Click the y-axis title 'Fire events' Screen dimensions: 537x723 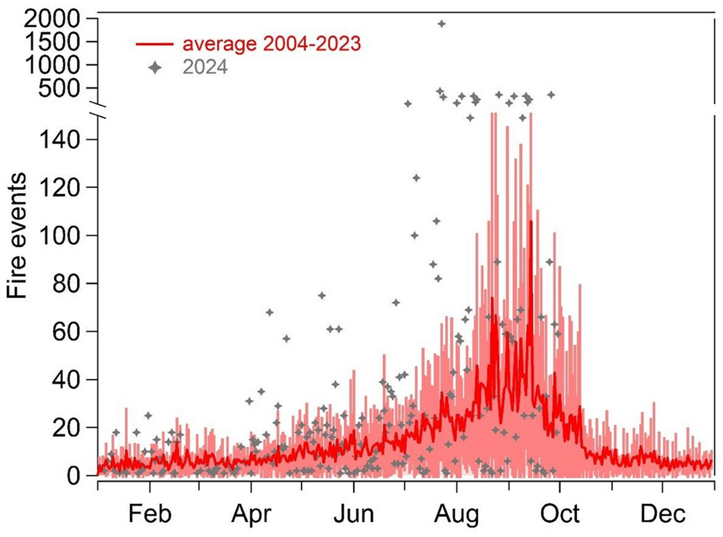[x=18, y=236]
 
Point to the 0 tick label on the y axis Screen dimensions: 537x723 [x=82, y=475]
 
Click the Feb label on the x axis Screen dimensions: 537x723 [x=150, y=514]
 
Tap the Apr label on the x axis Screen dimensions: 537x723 [x=251, y=514]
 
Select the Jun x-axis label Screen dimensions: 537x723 [x=354, y=514]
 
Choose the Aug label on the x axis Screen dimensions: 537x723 [x=456, y=514]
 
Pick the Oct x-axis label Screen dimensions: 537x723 [x=560, y=514]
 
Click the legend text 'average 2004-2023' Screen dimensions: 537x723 [x=270, y=45]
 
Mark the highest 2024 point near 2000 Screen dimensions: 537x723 [x=441, y=24]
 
